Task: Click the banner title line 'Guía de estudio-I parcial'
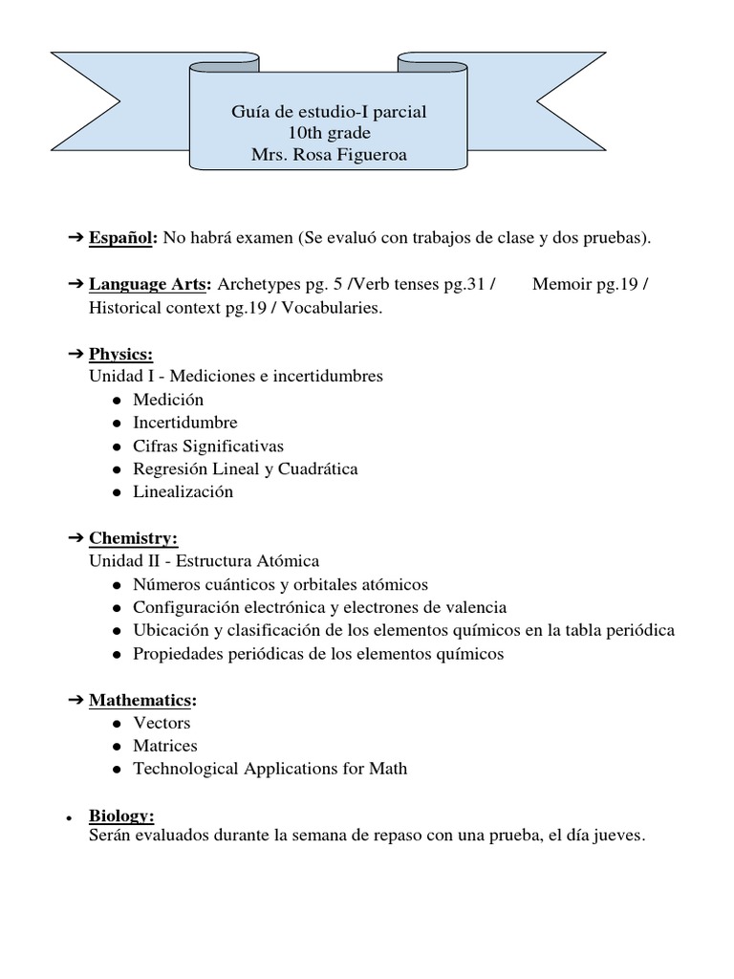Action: tap(329, 112)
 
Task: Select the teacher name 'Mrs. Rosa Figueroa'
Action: tap(329, 154)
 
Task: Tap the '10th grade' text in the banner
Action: tap(329, 133)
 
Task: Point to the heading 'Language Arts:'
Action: tap(151, 284)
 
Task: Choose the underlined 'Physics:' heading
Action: tap(120, 354)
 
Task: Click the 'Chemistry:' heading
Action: tap(133, 538)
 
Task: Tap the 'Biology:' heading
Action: tap(121, 816)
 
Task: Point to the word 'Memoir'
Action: tap(560, 284)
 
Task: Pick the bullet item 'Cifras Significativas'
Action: tap(208, 446)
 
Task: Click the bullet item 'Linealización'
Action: tap(183, 492)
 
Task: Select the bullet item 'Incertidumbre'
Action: tap(184, 423)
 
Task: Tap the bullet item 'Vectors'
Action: tap(162, 723)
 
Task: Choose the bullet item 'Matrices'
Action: tap(165, 746)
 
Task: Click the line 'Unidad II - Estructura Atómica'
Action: tap(204, 561)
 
